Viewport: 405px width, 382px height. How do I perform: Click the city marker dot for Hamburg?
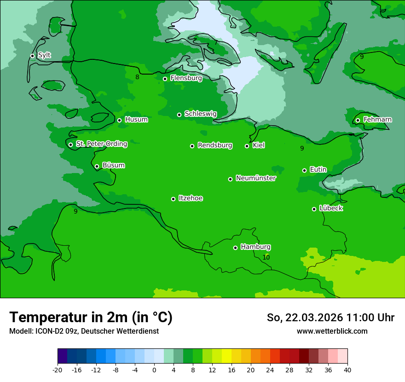point(235,248)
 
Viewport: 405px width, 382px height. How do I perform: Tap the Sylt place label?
point(44,55)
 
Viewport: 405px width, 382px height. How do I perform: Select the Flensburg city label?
point(186,78)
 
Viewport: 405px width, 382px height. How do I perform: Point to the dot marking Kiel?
point(247,146)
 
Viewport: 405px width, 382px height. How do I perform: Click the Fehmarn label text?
point(377,120)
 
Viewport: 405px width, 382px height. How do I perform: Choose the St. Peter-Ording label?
point(101,144)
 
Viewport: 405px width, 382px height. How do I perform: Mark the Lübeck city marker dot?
point(314,209)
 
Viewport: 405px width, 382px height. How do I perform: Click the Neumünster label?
point(256,178)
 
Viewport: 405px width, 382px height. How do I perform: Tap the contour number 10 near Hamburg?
point(266,257)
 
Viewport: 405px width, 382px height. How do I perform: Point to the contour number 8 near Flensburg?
point(137,77)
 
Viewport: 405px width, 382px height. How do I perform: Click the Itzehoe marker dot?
point(173,199)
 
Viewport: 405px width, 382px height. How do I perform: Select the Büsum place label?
point(113,165)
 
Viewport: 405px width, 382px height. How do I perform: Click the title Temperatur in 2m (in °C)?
point(91,317)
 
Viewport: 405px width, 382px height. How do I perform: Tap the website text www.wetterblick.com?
point(332,331)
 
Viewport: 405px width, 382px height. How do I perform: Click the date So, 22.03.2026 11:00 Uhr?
point(330,318)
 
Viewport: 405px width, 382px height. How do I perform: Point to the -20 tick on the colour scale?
point(58,370)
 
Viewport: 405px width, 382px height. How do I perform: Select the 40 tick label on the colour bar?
point(347,370)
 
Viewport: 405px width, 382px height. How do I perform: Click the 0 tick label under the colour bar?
point(154,370)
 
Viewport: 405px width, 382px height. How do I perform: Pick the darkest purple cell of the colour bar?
point(62,356)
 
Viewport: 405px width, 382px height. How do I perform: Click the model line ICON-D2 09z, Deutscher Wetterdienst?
point(84,331)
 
